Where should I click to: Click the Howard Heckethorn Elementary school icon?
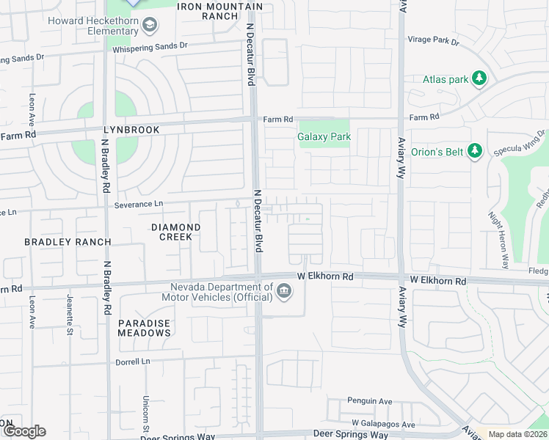150,26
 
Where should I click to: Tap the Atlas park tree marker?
480,78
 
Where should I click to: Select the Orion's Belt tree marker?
475,151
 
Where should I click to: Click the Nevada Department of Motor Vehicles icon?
283,293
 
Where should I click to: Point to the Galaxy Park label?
324,136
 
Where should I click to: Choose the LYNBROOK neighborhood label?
132,129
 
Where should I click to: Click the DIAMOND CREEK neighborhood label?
176,232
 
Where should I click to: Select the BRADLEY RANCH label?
68,242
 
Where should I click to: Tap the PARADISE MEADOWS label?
145,328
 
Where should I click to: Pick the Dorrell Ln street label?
132,362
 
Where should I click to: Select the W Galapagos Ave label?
383,424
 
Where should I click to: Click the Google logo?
24,431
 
